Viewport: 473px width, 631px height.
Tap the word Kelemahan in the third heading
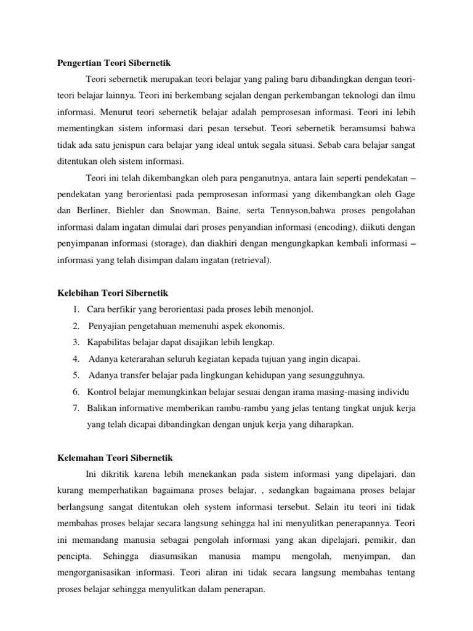[79, 458]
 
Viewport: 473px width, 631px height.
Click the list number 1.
[75, 309]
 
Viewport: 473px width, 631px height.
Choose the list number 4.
[75, 359]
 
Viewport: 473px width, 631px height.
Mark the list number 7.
[75, 409]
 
